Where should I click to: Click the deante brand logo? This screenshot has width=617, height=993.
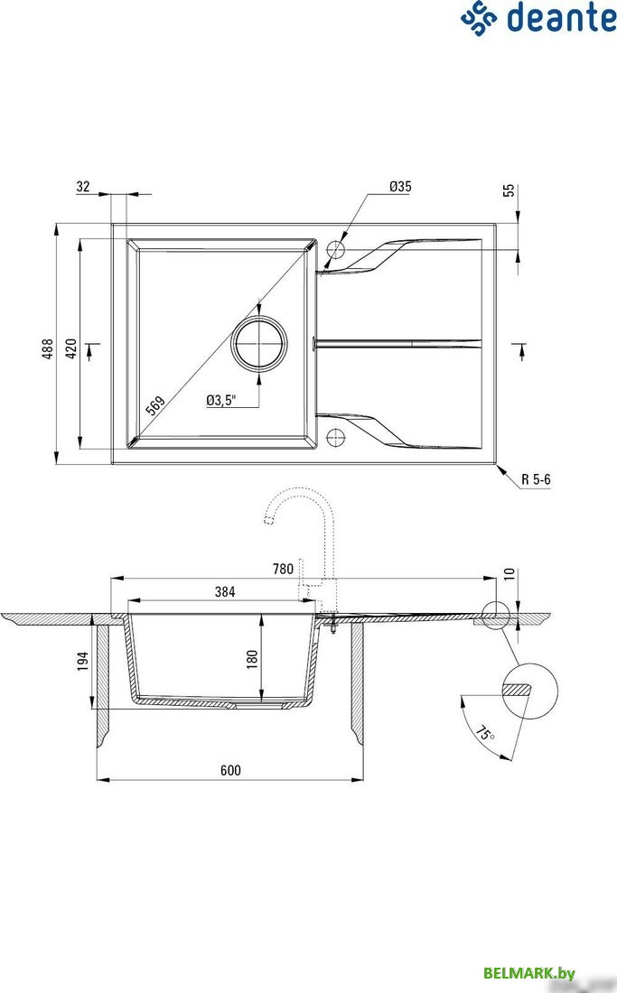point(538,18)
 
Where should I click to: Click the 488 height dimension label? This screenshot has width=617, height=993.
point(49,349)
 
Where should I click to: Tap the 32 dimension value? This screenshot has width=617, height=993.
point(83,187)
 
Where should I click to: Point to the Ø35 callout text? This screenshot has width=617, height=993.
point(400,187)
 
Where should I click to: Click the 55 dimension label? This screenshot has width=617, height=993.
point(509,191)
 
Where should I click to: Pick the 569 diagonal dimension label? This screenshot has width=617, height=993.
point(154,407)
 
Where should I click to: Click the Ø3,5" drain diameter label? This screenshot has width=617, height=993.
point(220,401)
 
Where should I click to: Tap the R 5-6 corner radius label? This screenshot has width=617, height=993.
point(536,479)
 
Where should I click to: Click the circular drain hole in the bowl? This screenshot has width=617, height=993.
point(261,344)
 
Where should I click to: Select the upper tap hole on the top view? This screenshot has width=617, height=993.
point(336,250)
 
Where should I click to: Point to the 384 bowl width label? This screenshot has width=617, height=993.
point(224,592)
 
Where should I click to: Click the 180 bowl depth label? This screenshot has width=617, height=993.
point(252,657)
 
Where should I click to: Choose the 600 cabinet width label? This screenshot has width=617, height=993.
point(230,770)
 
